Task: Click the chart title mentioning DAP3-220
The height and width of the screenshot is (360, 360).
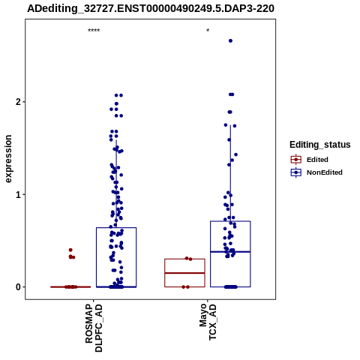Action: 151,8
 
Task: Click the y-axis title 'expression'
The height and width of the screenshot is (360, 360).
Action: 8,159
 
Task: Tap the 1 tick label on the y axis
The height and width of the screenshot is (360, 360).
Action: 19,194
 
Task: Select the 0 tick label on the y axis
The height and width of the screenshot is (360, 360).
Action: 19,287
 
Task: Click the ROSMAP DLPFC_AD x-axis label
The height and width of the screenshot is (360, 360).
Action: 94,328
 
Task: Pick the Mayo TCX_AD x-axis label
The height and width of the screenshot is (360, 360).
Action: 208,322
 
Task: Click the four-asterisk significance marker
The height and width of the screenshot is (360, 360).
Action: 94,31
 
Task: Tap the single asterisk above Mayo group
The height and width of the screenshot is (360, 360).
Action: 208,31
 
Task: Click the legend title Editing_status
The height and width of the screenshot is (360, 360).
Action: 320,145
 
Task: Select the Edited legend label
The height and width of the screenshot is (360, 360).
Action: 317,160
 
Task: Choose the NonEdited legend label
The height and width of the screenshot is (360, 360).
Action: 325,172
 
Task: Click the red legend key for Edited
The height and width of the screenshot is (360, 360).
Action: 296,160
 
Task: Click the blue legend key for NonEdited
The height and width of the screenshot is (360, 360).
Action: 296,172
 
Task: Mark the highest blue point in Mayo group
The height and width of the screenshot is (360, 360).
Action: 230,40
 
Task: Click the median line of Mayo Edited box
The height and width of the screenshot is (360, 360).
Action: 184,273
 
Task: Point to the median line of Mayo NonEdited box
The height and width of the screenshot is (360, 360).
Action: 230,252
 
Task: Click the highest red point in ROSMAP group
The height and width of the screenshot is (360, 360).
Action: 70,250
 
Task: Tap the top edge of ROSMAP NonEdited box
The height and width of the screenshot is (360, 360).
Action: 116,227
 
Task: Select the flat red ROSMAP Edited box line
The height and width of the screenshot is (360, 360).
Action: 70,286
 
